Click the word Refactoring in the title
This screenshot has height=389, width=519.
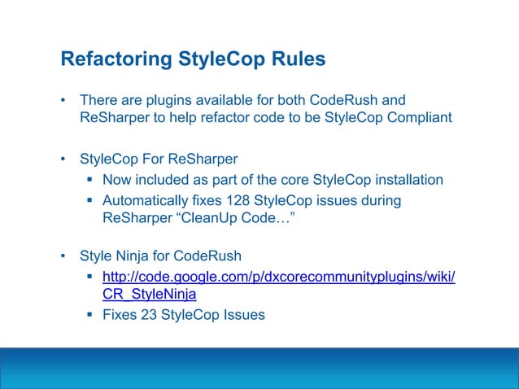[x=111, y=59]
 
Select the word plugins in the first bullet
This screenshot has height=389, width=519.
[x=168, y=102]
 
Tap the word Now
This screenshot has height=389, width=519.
[x=117, y=180]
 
